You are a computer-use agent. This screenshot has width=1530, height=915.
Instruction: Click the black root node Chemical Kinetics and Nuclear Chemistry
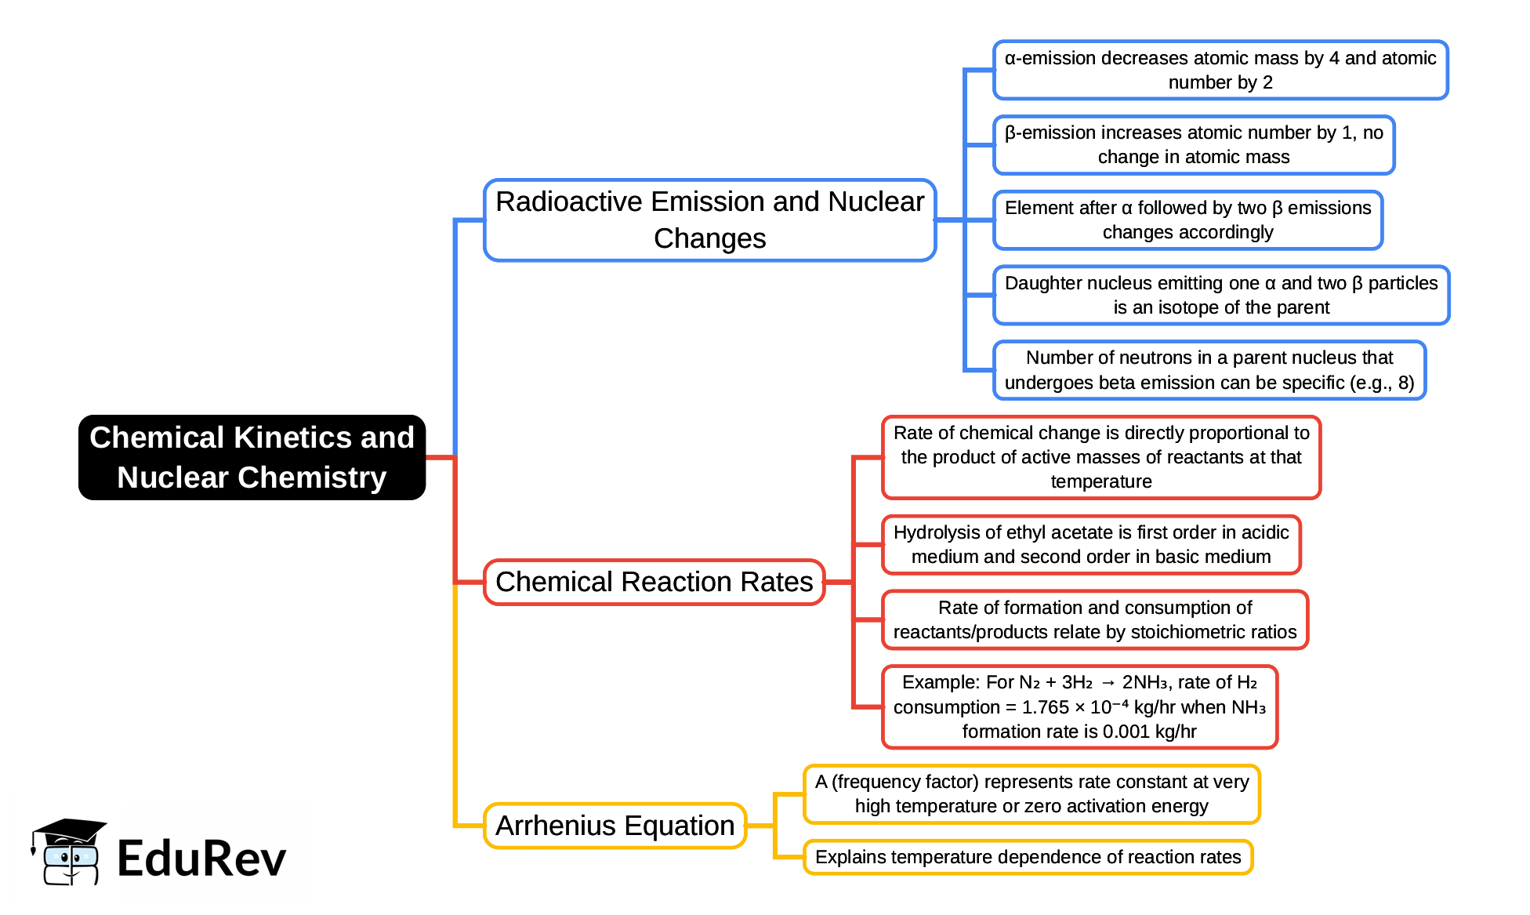point(252,457)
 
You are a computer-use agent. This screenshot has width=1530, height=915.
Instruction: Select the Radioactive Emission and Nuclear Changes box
point(709,220)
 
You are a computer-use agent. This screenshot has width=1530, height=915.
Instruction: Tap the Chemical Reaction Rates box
point(654,582)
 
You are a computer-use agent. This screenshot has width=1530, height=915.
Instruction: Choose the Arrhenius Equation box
point(615,826)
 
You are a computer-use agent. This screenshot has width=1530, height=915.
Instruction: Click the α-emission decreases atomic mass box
point(1220,70)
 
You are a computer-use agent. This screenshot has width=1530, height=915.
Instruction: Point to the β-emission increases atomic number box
point(1193,145)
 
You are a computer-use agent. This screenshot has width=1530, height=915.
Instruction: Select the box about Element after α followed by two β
point(1187,220)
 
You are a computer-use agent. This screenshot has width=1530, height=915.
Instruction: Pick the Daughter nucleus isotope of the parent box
point(1220,295)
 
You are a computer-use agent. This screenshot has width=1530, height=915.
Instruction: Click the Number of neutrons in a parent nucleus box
point(1209,370)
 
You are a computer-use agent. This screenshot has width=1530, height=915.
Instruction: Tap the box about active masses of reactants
point(1100,457)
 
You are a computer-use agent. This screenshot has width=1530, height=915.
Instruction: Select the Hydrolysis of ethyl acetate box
point(1090,544)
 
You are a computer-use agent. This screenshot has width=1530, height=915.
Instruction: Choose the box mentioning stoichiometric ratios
point(1094,619)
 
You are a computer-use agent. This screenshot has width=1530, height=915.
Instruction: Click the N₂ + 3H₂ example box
point(1079,706)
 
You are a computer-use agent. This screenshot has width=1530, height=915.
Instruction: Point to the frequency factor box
point(1031,793)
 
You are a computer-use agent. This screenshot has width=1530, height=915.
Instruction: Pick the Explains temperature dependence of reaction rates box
point(1028,857)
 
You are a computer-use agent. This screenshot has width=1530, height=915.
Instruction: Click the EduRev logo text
point(201,859)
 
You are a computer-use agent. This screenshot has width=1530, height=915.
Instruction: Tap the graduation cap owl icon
point(69,852)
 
